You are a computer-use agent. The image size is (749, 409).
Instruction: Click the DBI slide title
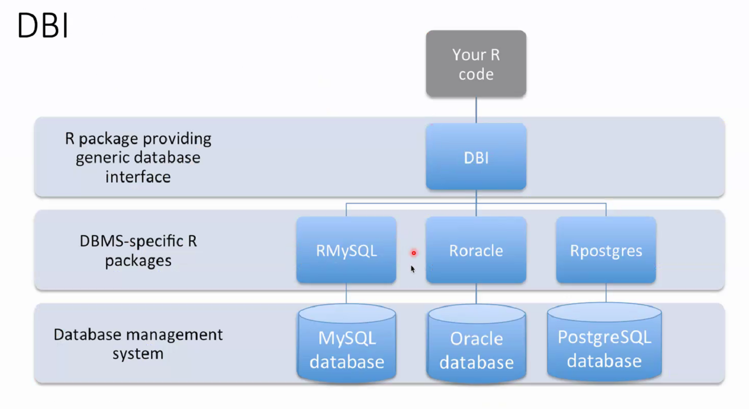(42, 25)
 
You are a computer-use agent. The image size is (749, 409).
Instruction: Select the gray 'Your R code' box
(476, 64)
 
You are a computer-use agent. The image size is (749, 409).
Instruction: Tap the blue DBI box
(476, 156)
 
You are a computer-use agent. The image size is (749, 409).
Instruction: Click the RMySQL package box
(346, 250)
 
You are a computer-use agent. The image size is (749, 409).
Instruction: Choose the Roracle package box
(476, 250)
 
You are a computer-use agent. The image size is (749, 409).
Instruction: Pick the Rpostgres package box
(606, 250)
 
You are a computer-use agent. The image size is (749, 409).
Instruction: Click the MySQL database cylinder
(347, 342)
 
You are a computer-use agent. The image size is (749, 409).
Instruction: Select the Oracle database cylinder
(476, 343)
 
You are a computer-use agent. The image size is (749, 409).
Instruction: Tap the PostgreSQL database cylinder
(604, 341)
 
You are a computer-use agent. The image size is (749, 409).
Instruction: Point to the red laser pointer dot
(414, 253)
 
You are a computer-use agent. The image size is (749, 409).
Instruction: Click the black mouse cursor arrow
(412, 269)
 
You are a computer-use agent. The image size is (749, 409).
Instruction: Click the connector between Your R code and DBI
(476, 110)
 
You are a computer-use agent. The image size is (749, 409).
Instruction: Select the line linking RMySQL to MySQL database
(346, 293)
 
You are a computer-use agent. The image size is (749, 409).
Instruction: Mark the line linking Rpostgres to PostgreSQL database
(606, 293)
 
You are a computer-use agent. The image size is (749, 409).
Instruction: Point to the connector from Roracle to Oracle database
(476, 293)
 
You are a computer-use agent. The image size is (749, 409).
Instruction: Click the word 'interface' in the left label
(138, 177)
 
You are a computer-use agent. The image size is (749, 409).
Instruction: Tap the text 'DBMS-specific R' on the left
(138, 241)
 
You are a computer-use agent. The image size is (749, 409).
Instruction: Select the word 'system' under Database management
(138, 354)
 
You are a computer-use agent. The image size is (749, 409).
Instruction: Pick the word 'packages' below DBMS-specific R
(138, 261)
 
